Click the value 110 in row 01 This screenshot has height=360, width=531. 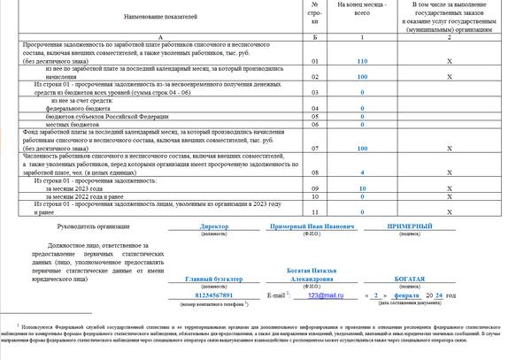tap(362, 61)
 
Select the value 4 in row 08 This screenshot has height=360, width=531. tap(362, 173)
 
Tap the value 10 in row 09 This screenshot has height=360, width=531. tap(362, 189)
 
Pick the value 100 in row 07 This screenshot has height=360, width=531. tap(362, 148)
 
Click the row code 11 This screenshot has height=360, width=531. tap(315, 212)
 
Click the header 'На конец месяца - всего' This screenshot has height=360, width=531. tap(362, 11)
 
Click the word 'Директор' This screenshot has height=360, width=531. tap(215, 226)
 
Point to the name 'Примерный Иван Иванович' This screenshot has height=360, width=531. tap(312, 226)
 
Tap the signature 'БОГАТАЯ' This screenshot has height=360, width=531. tap(412, 280)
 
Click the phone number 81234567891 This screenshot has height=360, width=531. tap(215, 295)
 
